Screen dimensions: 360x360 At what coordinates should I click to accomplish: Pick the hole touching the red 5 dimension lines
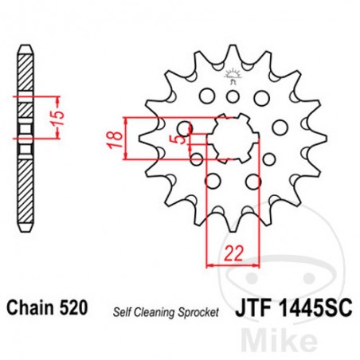click(186, 127)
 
